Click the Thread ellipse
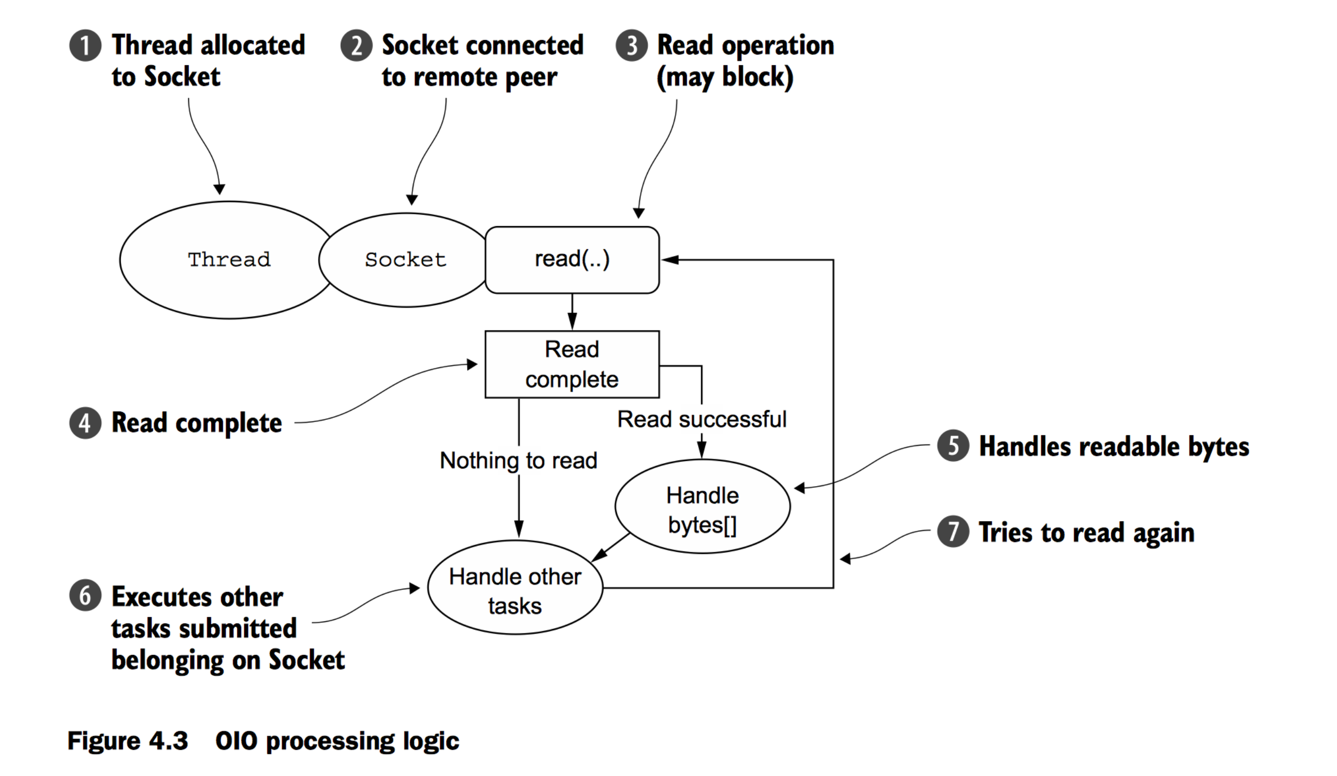(228, 260)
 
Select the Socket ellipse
(406, 260)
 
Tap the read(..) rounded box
(572, 260)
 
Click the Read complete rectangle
(572, 364)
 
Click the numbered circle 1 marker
(85, 46)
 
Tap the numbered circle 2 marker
(356, 46)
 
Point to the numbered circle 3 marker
(631, 46)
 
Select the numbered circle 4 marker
(85, 423)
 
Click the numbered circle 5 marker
(953, 446)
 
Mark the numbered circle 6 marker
(85, 596)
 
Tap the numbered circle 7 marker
(953, 531)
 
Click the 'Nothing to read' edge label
(518, 460)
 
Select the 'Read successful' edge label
(701, 419)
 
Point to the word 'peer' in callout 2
(530, 78)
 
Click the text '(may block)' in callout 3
(725, 78)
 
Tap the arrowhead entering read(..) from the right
(670, 260)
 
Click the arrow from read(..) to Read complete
(572, 313)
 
